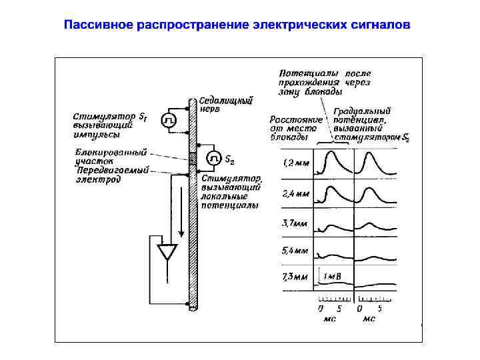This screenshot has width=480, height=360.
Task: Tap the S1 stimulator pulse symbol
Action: tap(169, 119)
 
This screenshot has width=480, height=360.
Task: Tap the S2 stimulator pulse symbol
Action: tap(214, 159)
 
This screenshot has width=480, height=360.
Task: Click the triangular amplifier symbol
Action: tap(166, 253)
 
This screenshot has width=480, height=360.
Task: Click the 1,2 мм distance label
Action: tap(297, 163)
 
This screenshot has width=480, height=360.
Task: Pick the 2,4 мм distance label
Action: tap(297, 194)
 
